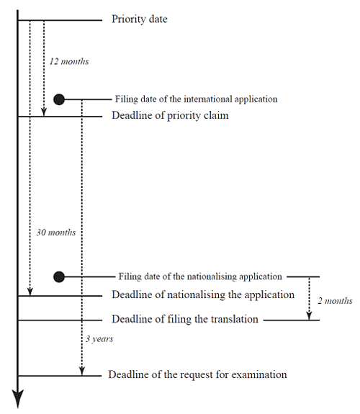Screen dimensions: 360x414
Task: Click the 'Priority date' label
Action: click(x=140, y=19)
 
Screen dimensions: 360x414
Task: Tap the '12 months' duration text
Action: click(x=69, y=61)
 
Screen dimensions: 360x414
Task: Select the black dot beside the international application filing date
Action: click(x=59, y=99)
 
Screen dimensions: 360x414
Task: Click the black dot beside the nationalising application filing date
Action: click(x=59, y=276)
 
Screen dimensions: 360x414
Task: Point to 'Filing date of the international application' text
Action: click(x=197, y=99)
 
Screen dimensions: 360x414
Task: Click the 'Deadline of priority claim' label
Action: click(x=170, y=116)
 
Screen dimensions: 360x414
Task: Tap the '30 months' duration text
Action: click(x=56, y=233)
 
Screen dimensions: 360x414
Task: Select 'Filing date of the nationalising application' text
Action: click(x=200, y=276)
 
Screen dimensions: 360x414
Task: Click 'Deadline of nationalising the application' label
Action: click(x=203, y=294)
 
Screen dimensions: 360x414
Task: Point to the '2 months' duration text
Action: click(x=335, y=301)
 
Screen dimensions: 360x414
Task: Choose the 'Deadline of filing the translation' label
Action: click(x=185, y=319)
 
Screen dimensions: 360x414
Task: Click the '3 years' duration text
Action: click(x=99, y=338)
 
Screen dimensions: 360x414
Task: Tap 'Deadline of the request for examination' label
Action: click(x=197, y=374)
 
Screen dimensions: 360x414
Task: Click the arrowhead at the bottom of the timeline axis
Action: click(x=18, y=398)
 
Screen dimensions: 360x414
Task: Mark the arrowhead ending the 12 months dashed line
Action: click(x=44, y=112)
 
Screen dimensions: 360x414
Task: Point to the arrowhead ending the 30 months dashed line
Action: click(x=30, y=292)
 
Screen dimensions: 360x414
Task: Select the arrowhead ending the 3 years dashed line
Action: click(x=82, y=372)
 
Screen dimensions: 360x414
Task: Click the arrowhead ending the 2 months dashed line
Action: click(x=309, y=316)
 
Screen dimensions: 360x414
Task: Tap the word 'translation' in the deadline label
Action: click(x=234, y=319)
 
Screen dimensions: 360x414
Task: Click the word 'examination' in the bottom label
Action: click(x=259, y=374)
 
